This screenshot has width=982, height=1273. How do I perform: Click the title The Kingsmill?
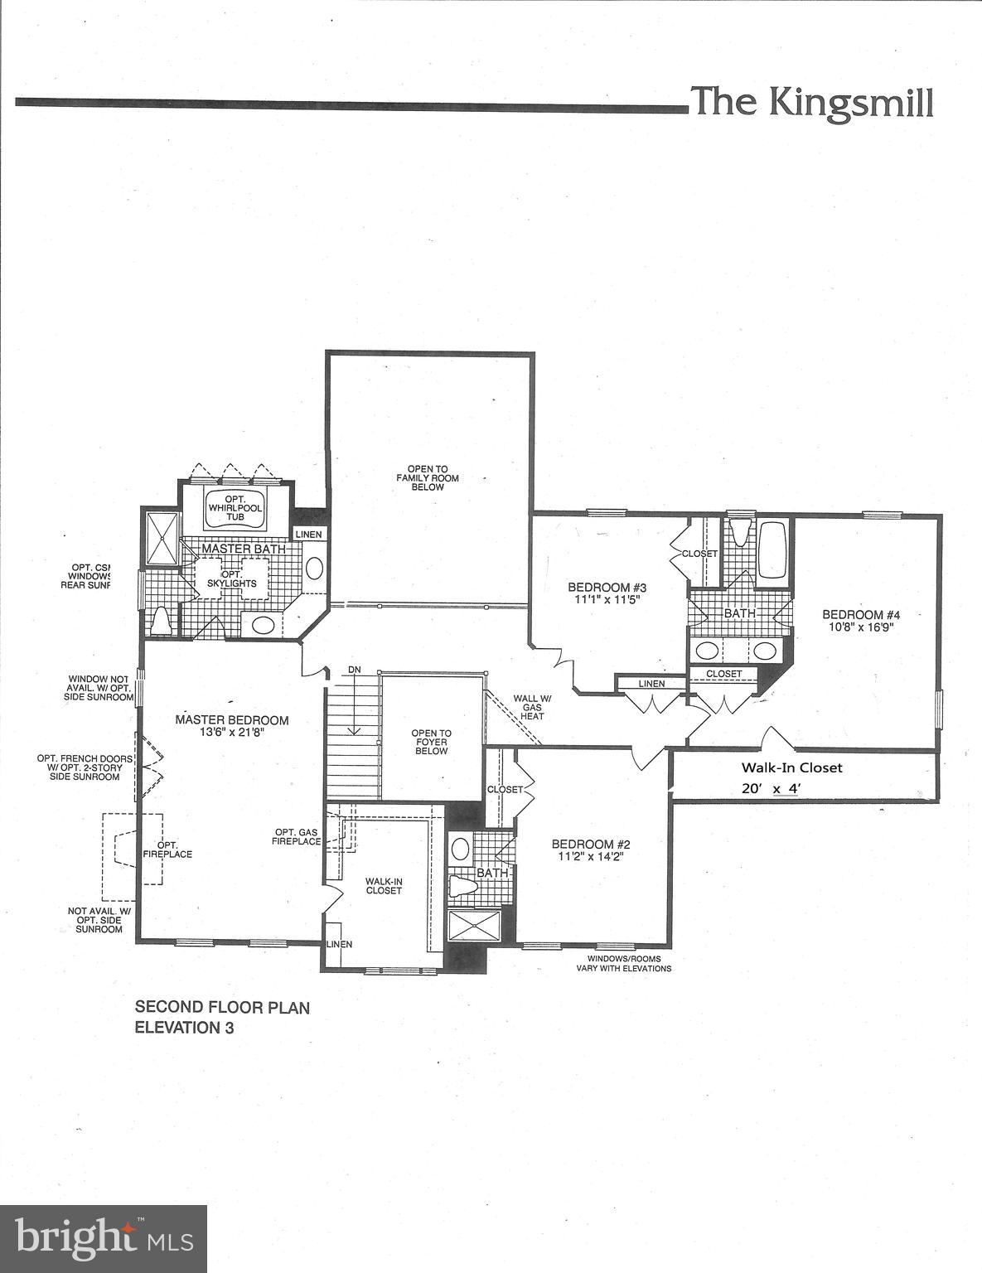(x=811, y=103)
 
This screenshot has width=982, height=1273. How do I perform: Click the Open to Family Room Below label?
(x=427, y=478)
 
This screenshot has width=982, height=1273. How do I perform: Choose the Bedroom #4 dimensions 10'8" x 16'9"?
(x=860, y=627)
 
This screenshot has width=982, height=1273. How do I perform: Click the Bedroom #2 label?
(x=591, y=845)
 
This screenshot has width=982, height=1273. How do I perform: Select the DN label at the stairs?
(x=355, y=669)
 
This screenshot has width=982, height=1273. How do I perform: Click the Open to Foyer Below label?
(x=431, y=742)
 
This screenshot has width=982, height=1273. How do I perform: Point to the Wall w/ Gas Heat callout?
(x=530, y=707)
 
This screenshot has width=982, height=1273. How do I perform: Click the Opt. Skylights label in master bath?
(x=232, y=578)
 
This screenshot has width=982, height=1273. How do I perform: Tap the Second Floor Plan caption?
(x=222, y=1008)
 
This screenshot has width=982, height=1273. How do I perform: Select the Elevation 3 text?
(x=185, y=1028)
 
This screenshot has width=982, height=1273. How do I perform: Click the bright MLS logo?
(x=104, y=1238)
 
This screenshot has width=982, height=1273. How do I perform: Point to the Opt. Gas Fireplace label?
(x=298, y=837)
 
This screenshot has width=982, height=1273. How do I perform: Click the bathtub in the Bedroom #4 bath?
(x=772, y=550)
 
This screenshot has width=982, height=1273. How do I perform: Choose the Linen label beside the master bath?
(x=308, y=535)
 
